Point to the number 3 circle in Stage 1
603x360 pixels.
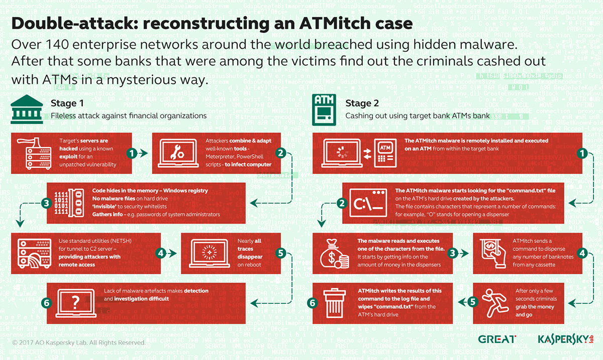coord(47,203)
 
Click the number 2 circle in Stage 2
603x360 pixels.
coord(342,203)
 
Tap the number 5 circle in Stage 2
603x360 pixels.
coord(472,302)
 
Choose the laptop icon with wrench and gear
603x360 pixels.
coord(179,153)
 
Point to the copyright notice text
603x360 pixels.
coord(79,342)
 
